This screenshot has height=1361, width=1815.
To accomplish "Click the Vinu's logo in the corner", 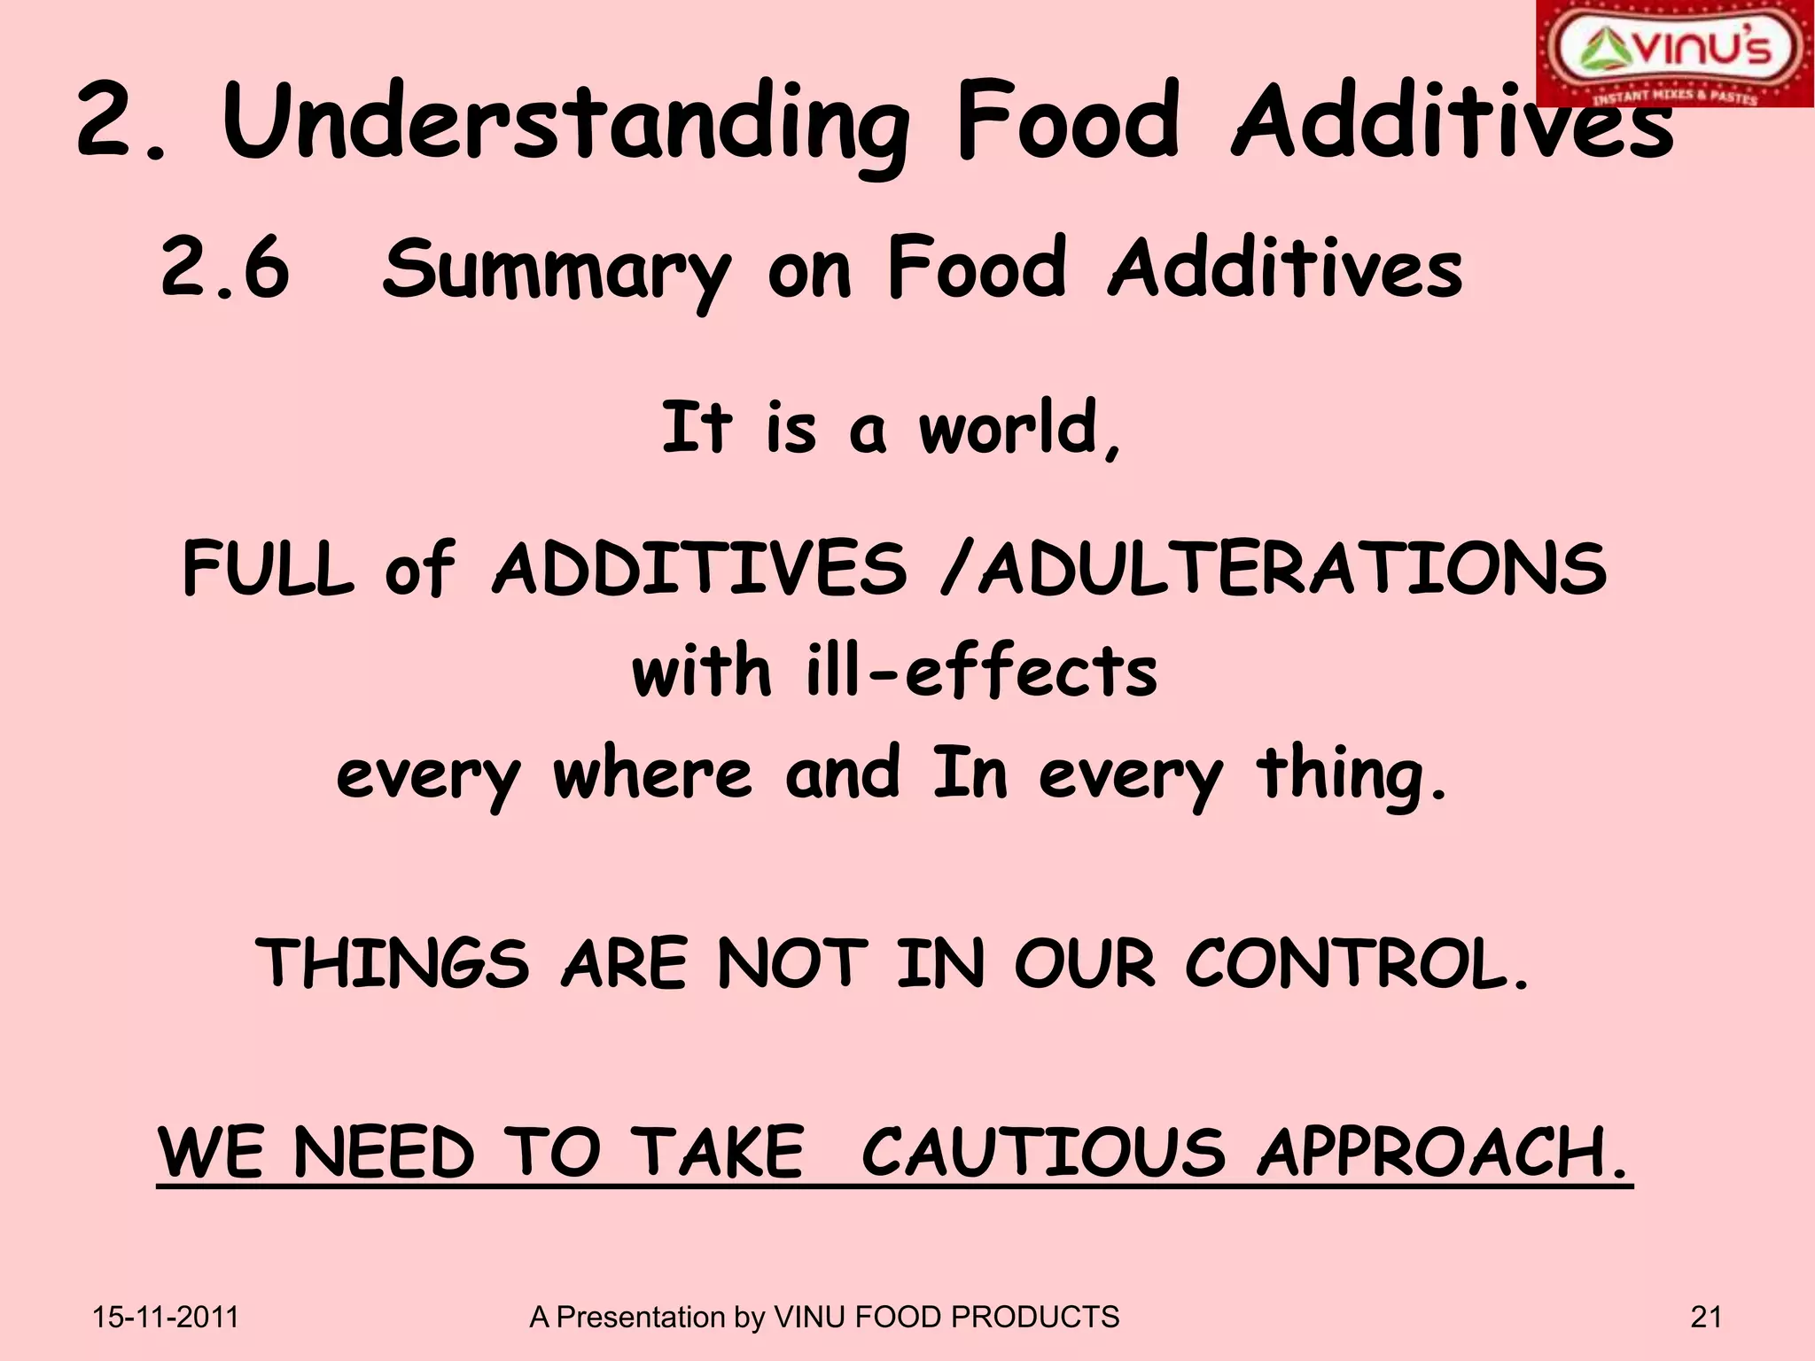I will coord(1674,53).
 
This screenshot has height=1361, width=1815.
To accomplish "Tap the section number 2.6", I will coord(225,268).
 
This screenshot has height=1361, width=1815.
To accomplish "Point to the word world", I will coord(1019,429).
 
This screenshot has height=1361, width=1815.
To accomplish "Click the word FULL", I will coord(268,568).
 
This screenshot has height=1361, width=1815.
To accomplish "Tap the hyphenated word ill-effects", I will coord(982,671).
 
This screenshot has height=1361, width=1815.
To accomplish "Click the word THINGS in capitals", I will coord(393,963).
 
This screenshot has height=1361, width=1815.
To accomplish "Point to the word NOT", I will coord(791,963).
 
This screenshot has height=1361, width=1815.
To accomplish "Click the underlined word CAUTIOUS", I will coord(1043,1152).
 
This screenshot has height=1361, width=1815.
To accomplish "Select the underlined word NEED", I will coord(384,1152).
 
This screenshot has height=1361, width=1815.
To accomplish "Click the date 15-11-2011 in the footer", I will coord(166,1318).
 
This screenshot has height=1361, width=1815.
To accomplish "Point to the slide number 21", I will coord(1706,1318).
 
